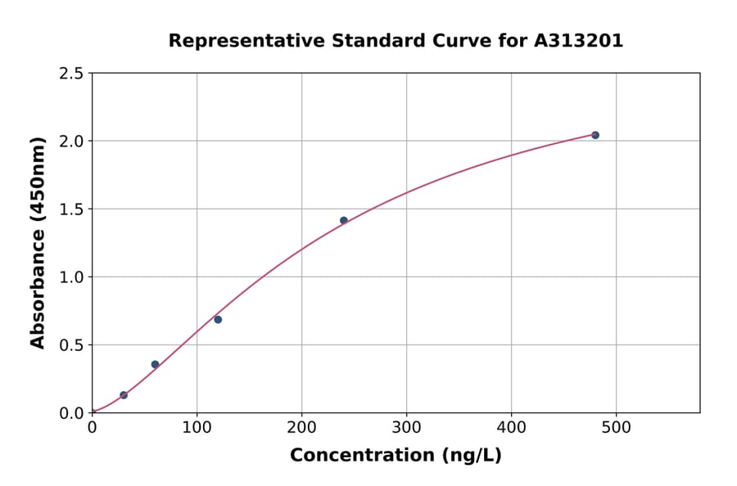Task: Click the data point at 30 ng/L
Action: pos(124,395)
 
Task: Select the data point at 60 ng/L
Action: pos(155,365)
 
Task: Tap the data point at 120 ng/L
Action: pos(218,319)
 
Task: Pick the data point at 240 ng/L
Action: pos(344,220)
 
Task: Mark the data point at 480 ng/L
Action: pos(595,135)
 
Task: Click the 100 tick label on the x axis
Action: pos(197,427)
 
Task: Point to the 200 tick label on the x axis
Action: pos(301,427)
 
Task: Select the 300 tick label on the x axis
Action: pos(406,427)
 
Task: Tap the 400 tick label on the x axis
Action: pos(511,427)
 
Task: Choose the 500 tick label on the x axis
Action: pos(616,427)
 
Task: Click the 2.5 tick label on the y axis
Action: pos(72,74)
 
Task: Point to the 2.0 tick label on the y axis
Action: pos(72,142)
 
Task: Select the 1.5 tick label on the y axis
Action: pos(72,209)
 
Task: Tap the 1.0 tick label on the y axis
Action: pos(72,277)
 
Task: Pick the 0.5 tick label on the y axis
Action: pos(72,345)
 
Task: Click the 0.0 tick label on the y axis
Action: pos(72,413)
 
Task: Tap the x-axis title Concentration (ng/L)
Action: pos(396,456)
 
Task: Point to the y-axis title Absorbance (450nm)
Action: pos(38,243)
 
